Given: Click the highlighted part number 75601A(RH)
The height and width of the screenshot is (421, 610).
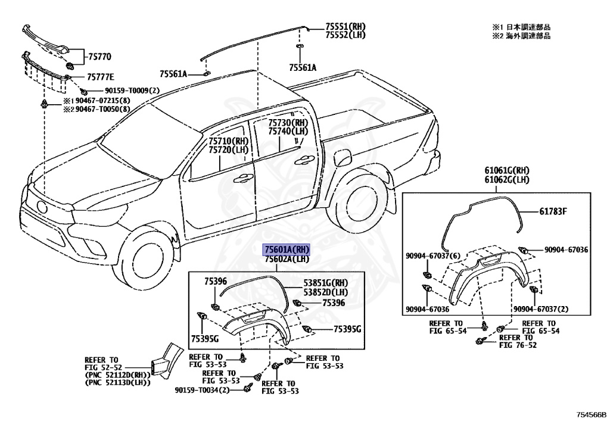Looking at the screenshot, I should point(288,250).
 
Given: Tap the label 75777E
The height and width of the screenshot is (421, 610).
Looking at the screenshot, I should point(100,77).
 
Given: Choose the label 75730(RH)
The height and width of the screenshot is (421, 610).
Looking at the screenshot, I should point(288,122).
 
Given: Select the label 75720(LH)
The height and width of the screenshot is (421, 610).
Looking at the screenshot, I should point(228,150).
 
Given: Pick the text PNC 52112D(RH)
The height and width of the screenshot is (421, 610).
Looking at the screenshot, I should point(117,375).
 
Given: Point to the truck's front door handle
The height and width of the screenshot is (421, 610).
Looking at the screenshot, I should point(242,177).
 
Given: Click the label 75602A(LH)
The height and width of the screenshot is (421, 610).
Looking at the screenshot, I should point(287,259).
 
